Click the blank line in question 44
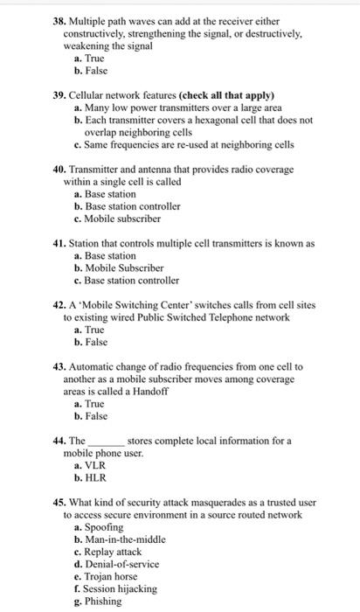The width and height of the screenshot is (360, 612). (x=107, y=442)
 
